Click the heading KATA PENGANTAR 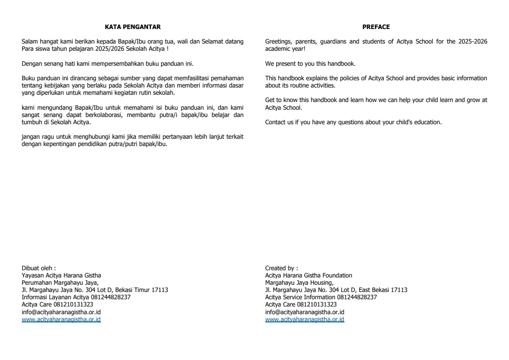click(x=132, y=27)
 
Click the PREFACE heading click(x=376, y=27)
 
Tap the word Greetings click(x=277, y=41)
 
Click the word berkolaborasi click(x=109, y=115)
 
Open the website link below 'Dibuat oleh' click(x=61, y=319)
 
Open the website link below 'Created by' click(x=305, y=319)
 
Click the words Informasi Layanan click(x=42, y=297)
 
